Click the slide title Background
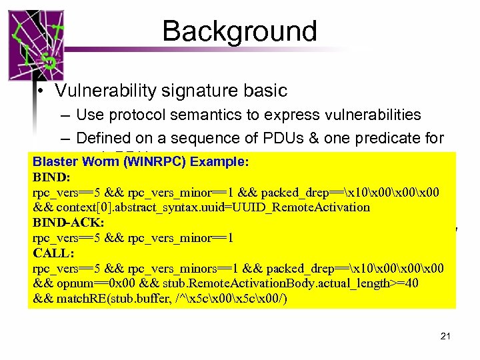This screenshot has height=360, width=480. (x=239, y=31)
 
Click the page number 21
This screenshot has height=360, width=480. (x=445, y=337)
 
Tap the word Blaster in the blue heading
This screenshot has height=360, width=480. (x=53, y=161)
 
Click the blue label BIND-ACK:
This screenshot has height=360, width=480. (x=68, y=222)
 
